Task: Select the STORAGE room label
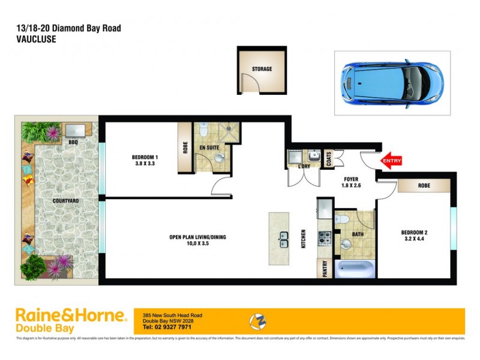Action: (x=262, y=69)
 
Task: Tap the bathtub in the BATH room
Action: (x=354, y=268)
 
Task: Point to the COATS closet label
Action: (x=328, y=158)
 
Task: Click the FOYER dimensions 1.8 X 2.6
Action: (x=351, y=186)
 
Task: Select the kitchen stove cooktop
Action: (x=325, y=238)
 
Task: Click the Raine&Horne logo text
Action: (x=71, y=316)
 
